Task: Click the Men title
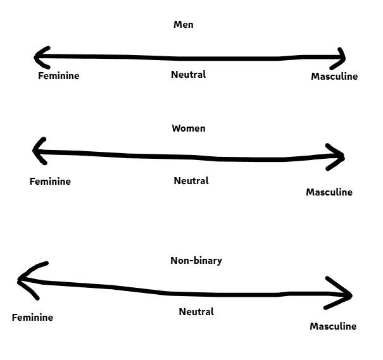click(x=183, y=25)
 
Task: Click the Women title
click(x=189, y=128)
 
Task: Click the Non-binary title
click(x=196, y=261)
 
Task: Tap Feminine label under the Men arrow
click(x=58, y=76)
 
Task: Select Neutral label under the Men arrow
click(x=189, y=75)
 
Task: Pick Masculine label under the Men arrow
click(x=334, y=77)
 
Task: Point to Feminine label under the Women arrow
click(x=50, y=182)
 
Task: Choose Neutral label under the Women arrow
click(x=191, y=181)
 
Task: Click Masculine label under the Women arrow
click(x=329, y=192)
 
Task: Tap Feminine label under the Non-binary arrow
click(x=32, y=318)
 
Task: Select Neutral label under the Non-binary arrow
click(x=196, y=312)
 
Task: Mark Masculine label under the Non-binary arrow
click(x=333, y=326)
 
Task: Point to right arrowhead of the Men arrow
click(x=341, y=58)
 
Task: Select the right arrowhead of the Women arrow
click(x=340, y=157)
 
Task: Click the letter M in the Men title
click(x=177, y=25)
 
